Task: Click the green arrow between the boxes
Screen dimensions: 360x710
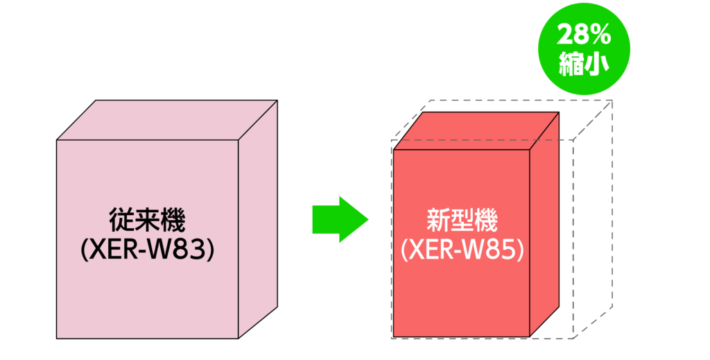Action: tap(338, 219)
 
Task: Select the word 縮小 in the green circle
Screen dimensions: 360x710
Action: tap(584, 65)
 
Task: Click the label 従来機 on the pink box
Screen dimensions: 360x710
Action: tap(147, 221)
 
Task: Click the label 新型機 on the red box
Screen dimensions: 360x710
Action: tap(461, 221)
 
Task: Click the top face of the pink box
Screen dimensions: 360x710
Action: tap(166, 120)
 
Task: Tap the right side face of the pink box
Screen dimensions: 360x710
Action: tap(258, 218)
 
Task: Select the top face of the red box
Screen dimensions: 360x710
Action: tap(476, 129)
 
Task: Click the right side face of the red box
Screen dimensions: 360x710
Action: tap(544, 222)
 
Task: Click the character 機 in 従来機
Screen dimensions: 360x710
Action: tap(172, 221)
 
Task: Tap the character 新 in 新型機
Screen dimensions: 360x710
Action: tap(437, 221)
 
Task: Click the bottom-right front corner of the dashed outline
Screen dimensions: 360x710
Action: tap(572, 338)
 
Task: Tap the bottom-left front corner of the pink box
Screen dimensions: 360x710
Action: tap(57, 338)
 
